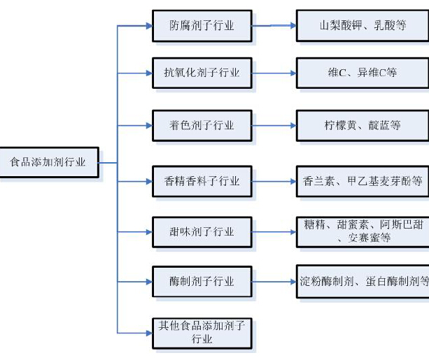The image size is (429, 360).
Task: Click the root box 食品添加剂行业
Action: coord(48,161)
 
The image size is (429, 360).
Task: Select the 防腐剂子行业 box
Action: coord(202,27)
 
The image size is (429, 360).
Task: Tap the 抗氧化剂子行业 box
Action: coord(202,72)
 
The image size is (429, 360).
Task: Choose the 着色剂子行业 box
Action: coord(202,126)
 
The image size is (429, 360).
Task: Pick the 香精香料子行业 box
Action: coord(202,181)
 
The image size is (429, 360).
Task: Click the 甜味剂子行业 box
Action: coord(202,231)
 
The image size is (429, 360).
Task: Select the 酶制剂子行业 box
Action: coord(202,282)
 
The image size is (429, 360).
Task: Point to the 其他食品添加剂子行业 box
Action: coord(202,333)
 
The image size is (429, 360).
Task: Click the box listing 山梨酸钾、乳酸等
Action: coord(363,27)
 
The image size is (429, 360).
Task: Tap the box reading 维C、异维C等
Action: coord(363,72)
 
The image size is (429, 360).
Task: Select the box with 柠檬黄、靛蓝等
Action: coord(363,126)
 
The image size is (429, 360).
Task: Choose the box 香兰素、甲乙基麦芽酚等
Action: coord(363,181)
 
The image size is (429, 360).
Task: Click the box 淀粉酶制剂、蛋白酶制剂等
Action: coord(363,282)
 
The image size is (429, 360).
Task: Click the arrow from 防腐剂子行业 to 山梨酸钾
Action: coord(273,27)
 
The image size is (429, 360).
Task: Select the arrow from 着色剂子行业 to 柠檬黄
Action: coord(273,127)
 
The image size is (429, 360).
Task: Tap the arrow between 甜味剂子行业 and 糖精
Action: coord(273,231)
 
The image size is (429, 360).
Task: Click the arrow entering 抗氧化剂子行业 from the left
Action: coord(135,72)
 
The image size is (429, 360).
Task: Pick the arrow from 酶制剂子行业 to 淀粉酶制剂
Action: coord(273,282)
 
